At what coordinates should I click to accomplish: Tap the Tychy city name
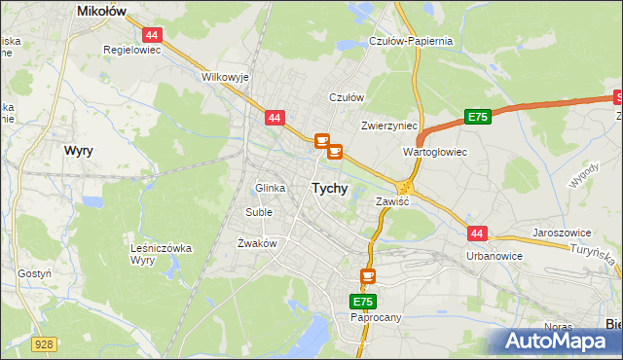(x=329, y=189)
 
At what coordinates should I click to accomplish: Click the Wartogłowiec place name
(x=435, y=153)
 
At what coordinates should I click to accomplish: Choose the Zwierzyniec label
(x=389, y=126)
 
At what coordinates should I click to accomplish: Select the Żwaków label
(x=257, y=243)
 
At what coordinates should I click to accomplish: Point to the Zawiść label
(x=392, y=201)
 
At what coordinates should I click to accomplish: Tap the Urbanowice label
(x=495, y=256)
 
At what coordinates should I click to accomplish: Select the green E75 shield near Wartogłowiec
(x=476, y=117)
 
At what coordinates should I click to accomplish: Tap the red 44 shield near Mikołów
(x=156, y=34)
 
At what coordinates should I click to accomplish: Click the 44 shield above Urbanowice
(x=476, y=234)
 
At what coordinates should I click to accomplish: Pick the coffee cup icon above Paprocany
(x=367, y=277)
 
